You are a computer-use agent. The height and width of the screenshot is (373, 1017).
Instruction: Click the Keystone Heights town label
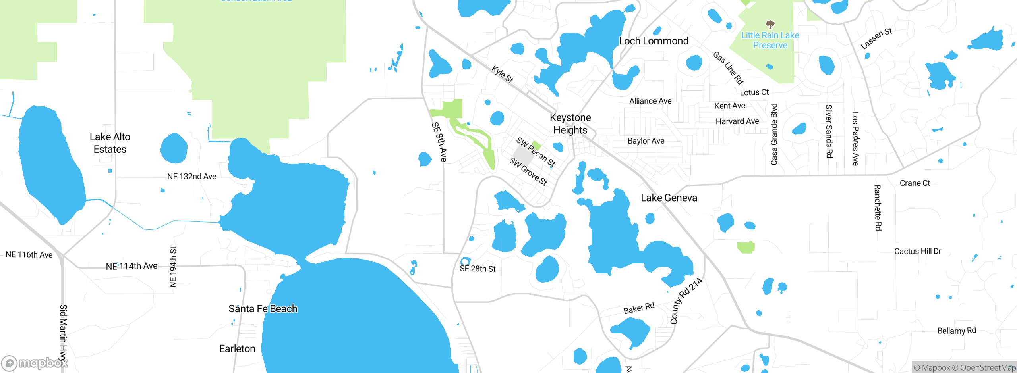pyautogui.click(x=570, y=124)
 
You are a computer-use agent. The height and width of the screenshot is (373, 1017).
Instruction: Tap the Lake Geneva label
pyautogui.click(x=669, y=198)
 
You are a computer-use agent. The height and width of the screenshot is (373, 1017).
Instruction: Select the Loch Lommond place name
pyautogui.click(x=654, y=41)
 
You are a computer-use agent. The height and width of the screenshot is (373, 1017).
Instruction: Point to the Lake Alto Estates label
pyautogui.click(x=110, y=143)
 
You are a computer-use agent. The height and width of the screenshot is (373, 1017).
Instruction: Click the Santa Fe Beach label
pyautogui.click(x=263, y=309)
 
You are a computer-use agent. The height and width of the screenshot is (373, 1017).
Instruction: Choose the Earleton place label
pyautogui.click(x=237, y=349)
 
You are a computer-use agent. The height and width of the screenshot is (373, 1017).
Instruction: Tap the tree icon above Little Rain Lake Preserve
pyautogui.click(x=770, y=25)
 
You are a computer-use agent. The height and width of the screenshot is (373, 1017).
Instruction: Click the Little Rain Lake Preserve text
pyautogui.click(x=770, y=40)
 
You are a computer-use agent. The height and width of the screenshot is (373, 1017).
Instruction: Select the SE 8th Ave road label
pyautogui.click(x=439, y=142)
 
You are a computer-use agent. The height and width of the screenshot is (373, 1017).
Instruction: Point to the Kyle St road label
pyautogui.click(x=503, y=74)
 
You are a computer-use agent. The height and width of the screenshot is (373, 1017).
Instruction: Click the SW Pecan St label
pyautogui.click(x=536, y=152)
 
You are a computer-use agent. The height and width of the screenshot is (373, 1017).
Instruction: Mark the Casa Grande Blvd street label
pyautogui.click(x=774, y=134)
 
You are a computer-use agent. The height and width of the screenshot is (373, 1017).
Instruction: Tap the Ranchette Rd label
pyautogui.click(x=878, y=208)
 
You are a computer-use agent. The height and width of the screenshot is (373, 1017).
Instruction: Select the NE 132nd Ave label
pyautogui.click(x=191, y=177)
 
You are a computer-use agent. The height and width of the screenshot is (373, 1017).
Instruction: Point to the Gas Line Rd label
pyautogui.click(x=728, y=68)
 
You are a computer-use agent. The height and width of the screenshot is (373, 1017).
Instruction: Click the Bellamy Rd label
pyautogui.click(x=957, y=331)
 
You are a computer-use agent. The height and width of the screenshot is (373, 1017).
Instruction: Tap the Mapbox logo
pyautogui.click(x=35, y=363)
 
